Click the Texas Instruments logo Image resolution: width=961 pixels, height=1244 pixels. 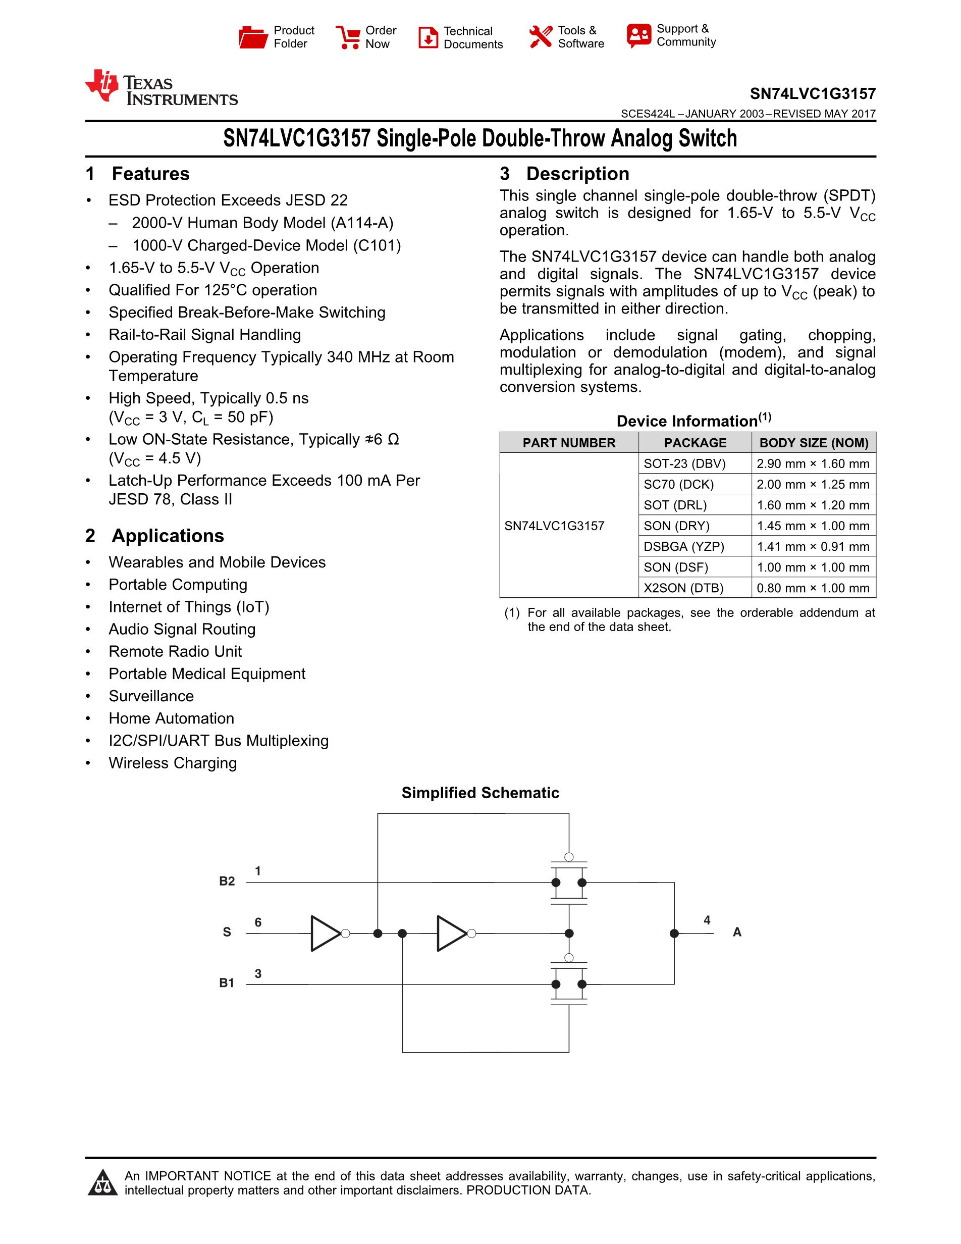161,88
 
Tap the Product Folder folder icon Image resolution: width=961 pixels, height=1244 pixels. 253,37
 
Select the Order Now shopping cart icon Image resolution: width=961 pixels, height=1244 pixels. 348,37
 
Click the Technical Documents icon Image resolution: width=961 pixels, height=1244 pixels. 428,37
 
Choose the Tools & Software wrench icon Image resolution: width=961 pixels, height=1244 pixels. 540,37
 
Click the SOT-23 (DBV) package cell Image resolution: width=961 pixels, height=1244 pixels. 684,463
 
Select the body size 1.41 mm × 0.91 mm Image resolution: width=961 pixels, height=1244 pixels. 813,547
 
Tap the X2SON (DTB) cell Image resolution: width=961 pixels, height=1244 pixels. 683,588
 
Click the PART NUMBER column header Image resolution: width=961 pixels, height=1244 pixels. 569,443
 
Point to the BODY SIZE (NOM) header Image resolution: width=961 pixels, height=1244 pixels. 814,443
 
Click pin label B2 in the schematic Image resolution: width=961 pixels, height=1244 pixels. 227,881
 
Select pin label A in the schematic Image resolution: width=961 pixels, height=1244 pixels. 737,932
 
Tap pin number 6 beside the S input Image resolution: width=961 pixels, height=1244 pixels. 258,922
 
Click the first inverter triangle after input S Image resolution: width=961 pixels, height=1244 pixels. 325,933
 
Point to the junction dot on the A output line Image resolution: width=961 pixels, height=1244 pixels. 674,933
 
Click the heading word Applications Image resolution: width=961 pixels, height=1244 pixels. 168,536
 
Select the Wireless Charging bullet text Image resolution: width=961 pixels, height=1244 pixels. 173,763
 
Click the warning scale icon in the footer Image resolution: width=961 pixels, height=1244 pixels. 102,1182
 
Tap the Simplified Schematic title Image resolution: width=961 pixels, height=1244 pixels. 480,793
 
